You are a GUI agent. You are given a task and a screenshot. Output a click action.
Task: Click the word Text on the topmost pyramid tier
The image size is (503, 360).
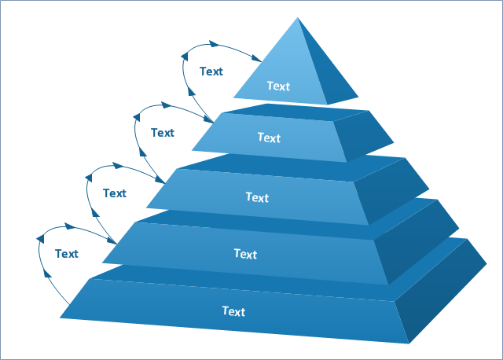(278, 86)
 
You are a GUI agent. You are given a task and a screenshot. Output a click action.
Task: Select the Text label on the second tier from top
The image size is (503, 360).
(269, 138)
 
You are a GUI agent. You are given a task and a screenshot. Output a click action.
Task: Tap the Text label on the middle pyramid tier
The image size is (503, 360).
(257, 197)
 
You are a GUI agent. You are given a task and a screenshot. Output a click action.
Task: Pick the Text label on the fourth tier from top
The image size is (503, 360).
(245, 254)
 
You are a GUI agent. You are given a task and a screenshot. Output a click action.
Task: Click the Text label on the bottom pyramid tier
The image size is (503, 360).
(233, 311)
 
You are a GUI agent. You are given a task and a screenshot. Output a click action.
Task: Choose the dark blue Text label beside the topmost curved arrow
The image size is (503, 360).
(211, 72)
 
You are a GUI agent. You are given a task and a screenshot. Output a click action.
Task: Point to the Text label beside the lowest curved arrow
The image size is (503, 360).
(67, 253)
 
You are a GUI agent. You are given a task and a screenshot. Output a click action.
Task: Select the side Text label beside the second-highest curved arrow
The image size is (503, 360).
(163, 133)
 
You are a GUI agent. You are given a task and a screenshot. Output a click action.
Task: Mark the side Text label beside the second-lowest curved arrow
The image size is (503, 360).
(114, 193)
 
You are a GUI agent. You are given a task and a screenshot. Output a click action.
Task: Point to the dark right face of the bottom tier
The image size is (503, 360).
(444, 291)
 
